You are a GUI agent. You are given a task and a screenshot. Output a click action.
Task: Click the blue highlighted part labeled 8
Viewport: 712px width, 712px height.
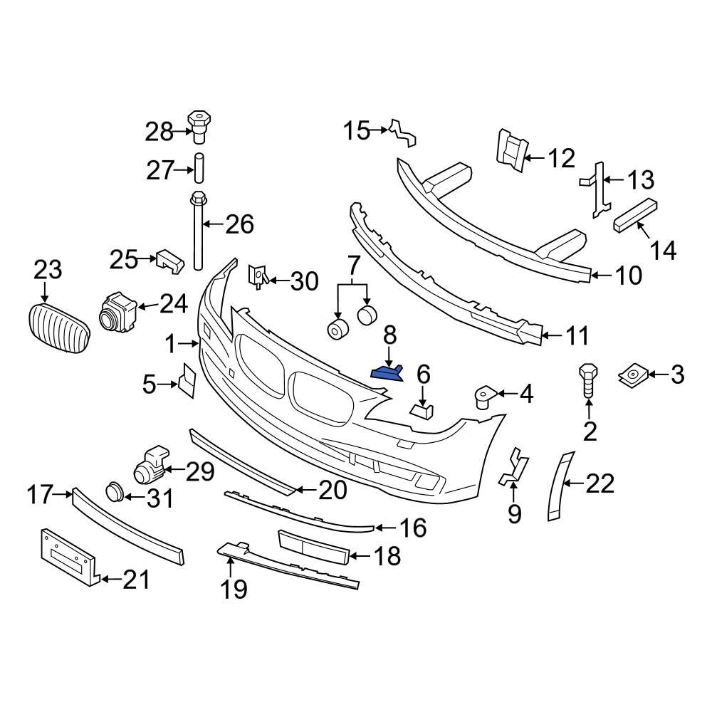(386, 372)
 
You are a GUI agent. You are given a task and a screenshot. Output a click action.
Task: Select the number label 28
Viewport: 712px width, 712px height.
(159, 131)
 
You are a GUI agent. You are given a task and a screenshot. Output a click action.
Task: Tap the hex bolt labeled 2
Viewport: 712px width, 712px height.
(589, 380)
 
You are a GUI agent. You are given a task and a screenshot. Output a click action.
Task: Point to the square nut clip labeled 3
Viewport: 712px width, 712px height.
(632, 374)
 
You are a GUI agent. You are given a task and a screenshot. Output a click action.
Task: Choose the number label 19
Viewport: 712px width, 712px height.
(234, 588)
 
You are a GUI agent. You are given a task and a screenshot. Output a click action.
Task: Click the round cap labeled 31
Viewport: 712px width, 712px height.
(114, 491)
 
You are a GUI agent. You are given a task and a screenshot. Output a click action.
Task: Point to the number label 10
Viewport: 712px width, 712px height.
(627, 275)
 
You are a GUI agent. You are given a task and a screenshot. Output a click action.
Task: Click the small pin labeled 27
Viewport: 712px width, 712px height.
(199, 170)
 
